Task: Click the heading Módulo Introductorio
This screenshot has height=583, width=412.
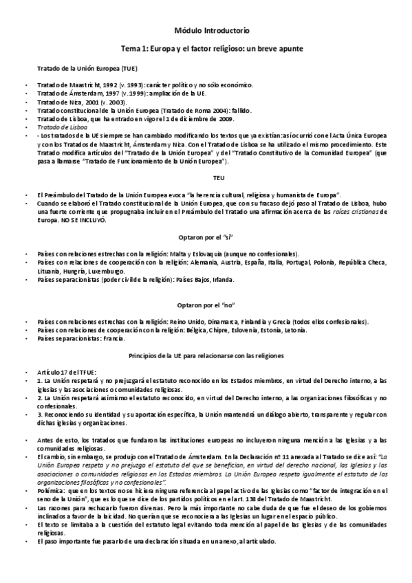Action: [206, 31]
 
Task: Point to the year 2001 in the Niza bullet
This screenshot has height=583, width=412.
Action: [85, 101]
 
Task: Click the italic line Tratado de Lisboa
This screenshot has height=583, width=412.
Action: [63, 126]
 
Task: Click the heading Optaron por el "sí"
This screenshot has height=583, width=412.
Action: [206, 236]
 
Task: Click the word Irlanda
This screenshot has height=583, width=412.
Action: [222, 279]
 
